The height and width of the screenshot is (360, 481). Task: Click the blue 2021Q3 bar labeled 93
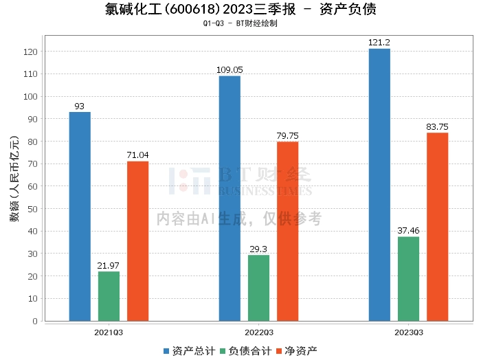(80, 216)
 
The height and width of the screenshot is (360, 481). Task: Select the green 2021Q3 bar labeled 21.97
(109, 296)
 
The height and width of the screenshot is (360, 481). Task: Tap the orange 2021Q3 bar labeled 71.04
(137, 241)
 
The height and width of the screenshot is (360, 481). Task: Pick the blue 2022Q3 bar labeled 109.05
(230, 199)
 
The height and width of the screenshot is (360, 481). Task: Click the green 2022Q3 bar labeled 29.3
(258, 288)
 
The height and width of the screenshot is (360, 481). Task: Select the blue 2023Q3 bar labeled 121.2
(379, 185)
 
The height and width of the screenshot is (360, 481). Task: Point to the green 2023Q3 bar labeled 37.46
(408, 279)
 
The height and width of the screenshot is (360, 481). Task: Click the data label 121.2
(379, 43)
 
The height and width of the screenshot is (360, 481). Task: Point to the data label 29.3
(258, 249)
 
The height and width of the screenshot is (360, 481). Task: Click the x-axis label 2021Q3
(109, 332)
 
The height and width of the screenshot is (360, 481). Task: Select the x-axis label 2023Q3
(408, 332)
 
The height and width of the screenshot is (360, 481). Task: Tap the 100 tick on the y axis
(31, 96)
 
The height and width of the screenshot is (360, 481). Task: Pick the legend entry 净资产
(298, 351)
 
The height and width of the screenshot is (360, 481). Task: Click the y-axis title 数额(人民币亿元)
(13, 185)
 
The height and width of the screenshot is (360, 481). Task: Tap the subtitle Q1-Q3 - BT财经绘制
(240, 23)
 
